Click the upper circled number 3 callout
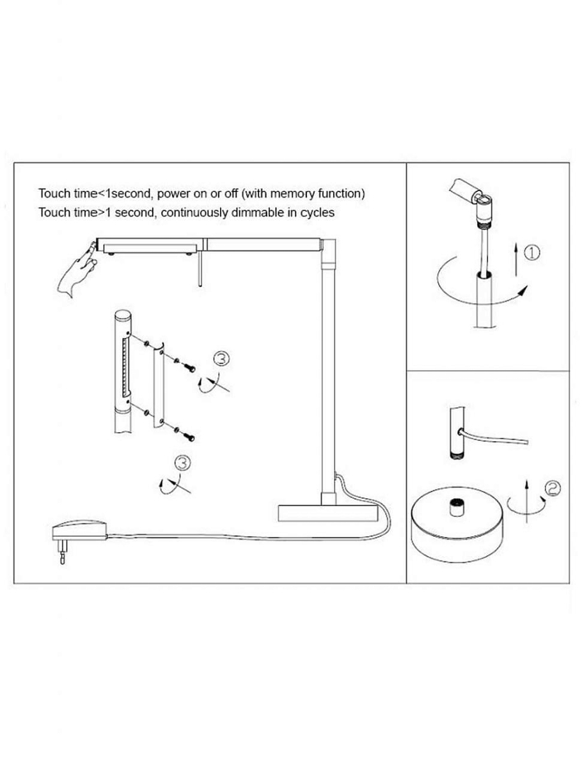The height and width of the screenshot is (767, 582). pyautogui.click(x=221, y=360)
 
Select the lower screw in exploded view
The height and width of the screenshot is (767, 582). pyautogui.click(x=189, y=436)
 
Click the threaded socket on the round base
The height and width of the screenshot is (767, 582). pyautogui.click(x=456, y=507)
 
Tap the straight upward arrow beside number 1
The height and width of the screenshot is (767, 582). pyautogui.click(x=516, y=261)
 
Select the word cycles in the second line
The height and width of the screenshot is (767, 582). pyautogui.click(x=317, y=213)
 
